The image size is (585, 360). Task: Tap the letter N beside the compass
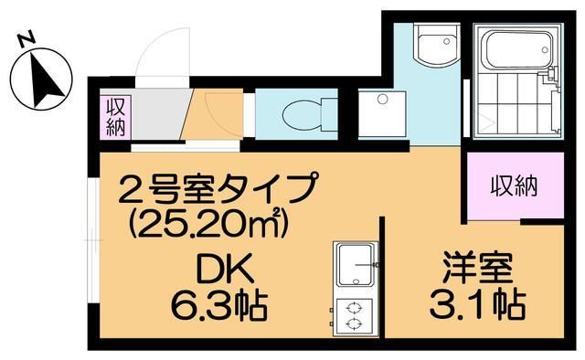[x=27, y=38]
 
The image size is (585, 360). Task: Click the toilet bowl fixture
[x=296, y=117]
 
